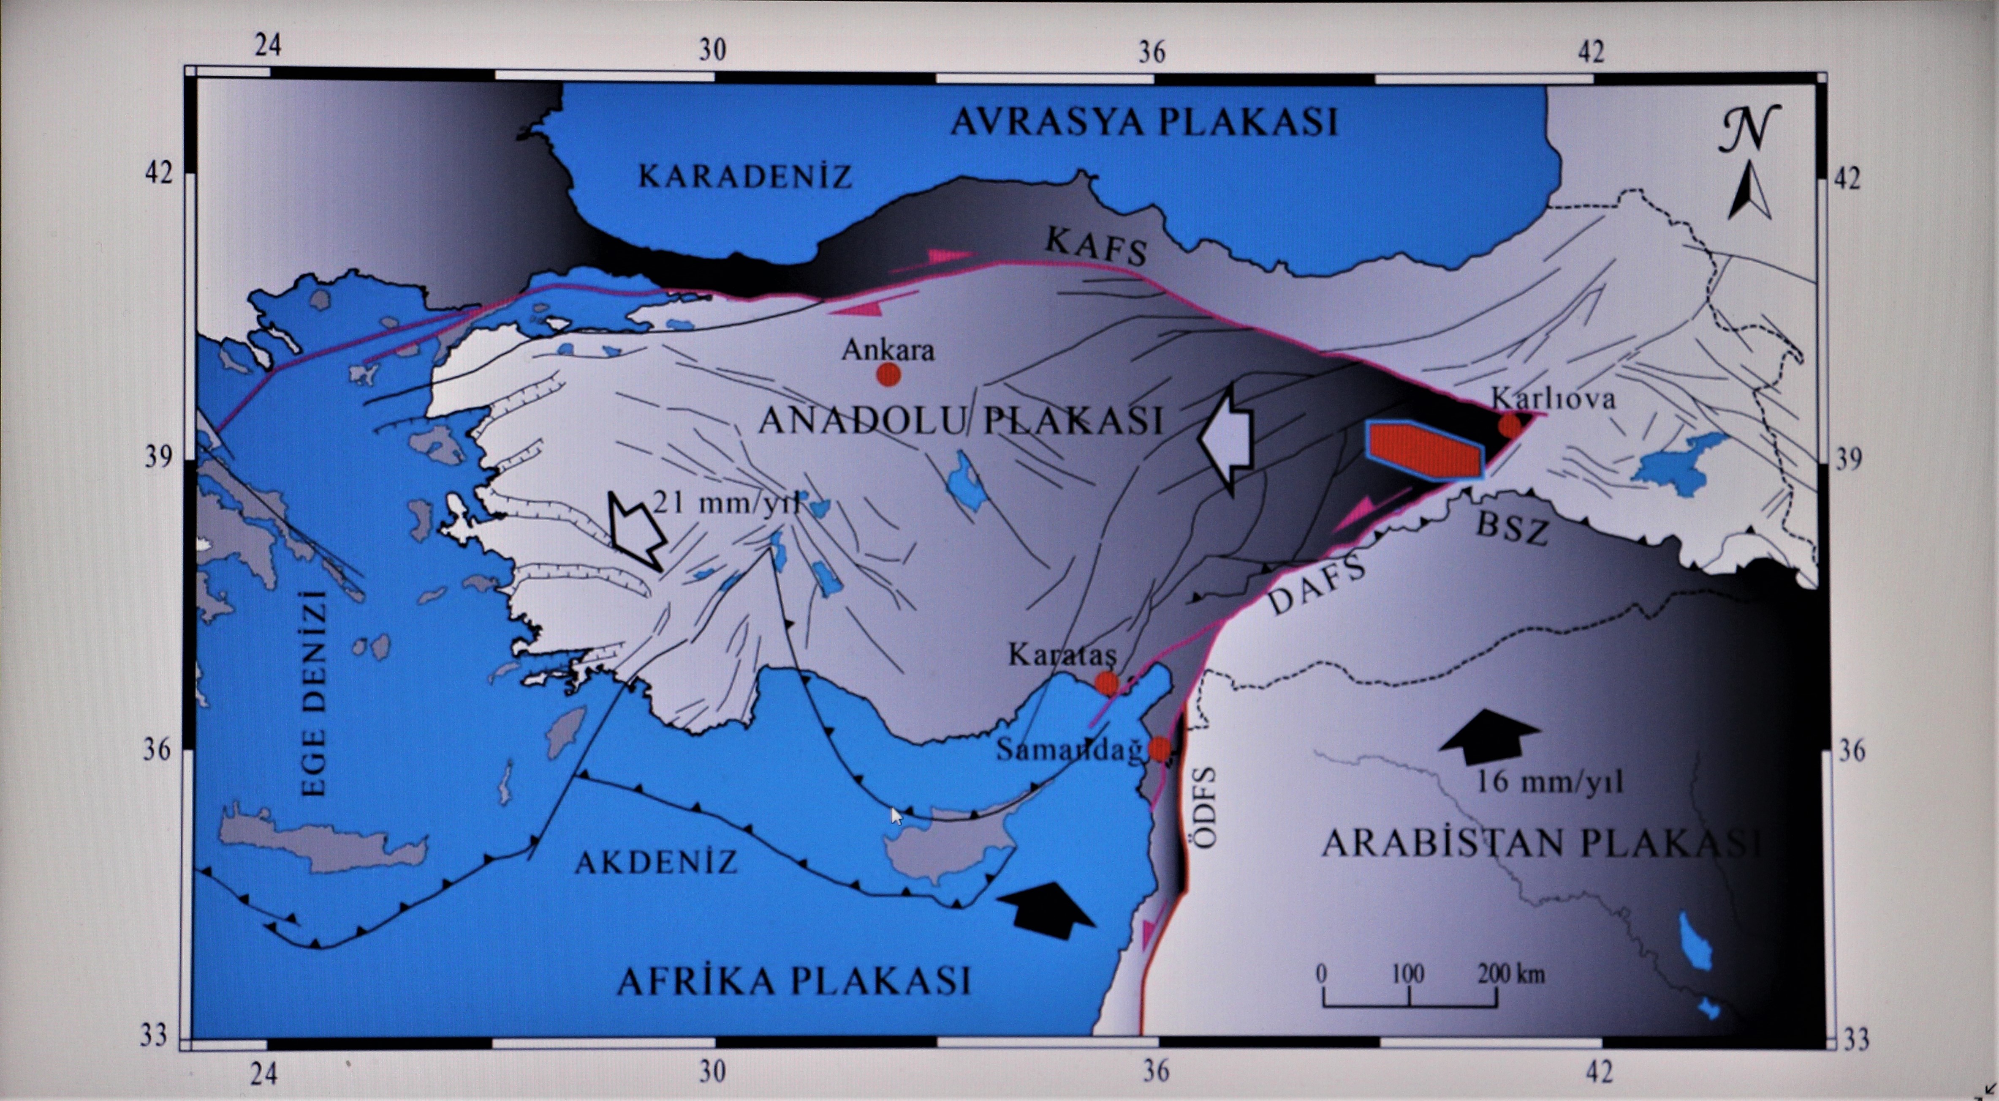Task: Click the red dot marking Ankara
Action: (888, 374)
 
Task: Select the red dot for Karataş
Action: (1107, 683)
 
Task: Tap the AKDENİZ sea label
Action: (656, 862)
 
